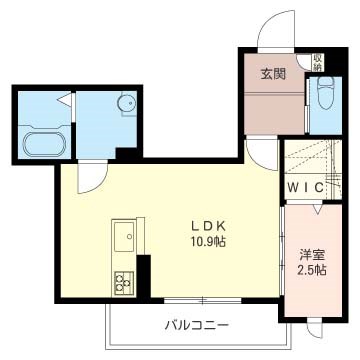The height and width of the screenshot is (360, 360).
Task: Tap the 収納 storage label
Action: (317, 63)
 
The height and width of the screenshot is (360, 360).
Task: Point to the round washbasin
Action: (126, 104)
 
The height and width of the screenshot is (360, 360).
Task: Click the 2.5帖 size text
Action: (310, 272)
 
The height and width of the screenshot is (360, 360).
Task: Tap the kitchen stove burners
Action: (125, 280)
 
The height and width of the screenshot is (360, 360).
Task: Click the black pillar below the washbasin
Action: (128, 154)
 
